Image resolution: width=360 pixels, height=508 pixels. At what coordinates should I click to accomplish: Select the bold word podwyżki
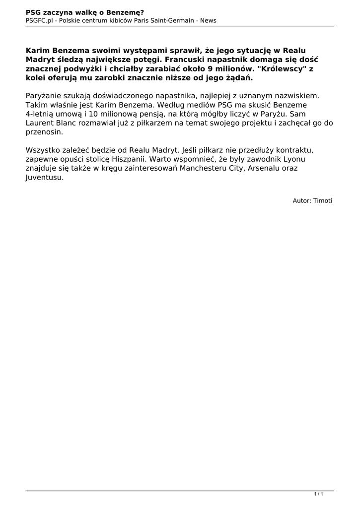81,69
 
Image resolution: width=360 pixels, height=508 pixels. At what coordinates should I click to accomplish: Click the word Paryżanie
43,96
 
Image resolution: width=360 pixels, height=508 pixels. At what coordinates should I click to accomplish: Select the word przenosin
44,132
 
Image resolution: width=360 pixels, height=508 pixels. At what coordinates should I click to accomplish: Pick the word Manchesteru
207,168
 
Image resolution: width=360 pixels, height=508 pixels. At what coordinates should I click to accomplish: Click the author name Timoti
323,200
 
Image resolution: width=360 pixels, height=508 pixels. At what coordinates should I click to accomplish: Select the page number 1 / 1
319,494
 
